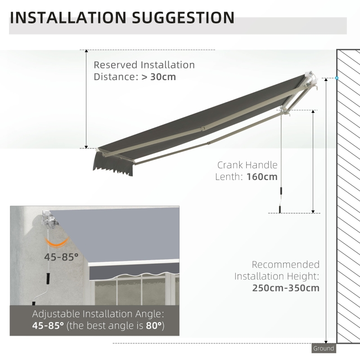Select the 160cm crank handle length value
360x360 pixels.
262,176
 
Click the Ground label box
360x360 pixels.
324,348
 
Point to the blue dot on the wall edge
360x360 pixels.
337,78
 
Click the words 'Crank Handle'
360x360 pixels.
247,165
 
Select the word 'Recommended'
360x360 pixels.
286,265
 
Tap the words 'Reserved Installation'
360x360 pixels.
144,65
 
